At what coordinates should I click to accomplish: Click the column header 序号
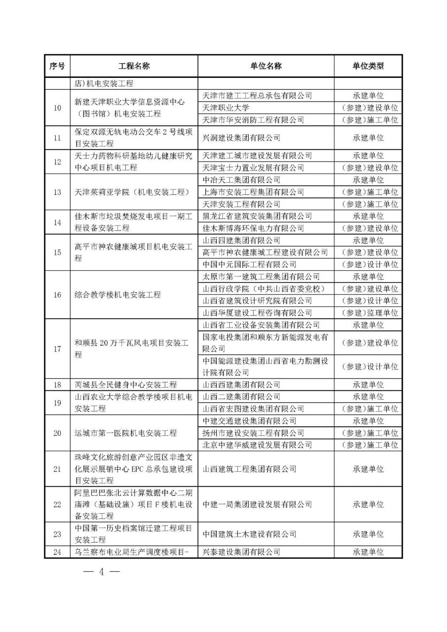[x=57, y=66]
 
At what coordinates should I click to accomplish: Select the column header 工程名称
[x=134, y=66]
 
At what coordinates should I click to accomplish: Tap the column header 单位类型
[x=368, y=66]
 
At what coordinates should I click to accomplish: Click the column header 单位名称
[x=266, y=66]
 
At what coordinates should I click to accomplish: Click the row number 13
[x=57, y=192]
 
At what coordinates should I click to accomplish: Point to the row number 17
[x=57, y=349]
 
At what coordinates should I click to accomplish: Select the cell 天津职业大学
[x=226, y=108]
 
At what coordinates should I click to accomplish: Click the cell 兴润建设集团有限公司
[x=241, y=138]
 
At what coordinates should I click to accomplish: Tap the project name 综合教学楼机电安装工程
[x=118, y=295]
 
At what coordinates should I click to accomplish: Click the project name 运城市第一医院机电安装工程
[x=125, y=433]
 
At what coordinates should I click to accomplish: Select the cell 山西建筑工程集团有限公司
[x=249, y=469]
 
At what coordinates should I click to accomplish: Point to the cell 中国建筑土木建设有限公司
[x=249, y=534]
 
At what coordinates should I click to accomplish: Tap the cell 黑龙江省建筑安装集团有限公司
[x=257, y=216]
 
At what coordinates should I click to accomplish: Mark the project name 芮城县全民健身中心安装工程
[x=125, y=385]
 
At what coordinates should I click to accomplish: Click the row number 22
[x=57, y=505]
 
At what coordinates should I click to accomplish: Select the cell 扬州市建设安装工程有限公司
[x=253, y=433]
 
